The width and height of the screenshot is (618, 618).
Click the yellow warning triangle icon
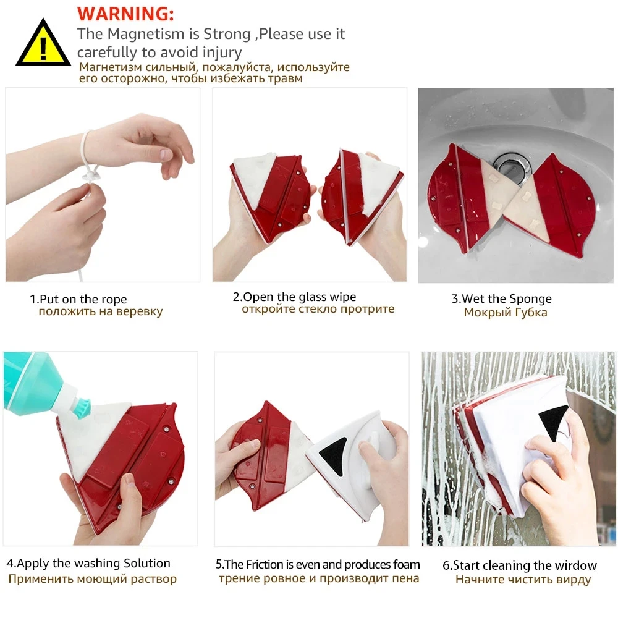(43, 44)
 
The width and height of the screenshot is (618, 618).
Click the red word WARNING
(125, 13)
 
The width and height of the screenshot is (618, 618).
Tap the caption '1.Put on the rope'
(78, 299)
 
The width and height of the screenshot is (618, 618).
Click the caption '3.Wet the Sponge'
(501, 298)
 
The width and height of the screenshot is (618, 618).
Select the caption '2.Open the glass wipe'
(294, 297)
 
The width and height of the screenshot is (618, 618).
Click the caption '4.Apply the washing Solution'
(88, 563)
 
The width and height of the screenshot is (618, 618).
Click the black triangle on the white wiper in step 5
(334, 456)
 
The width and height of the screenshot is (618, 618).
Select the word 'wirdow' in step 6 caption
(575, 565)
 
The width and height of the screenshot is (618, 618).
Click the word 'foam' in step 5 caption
(406, 564)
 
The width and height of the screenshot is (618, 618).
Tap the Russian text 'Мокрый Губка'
(505, 313)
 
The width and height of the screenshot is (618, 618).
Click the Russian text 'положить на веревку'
(100, 311)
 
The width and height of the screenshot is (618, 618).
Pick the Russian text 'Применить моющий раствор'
(92, 579)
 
